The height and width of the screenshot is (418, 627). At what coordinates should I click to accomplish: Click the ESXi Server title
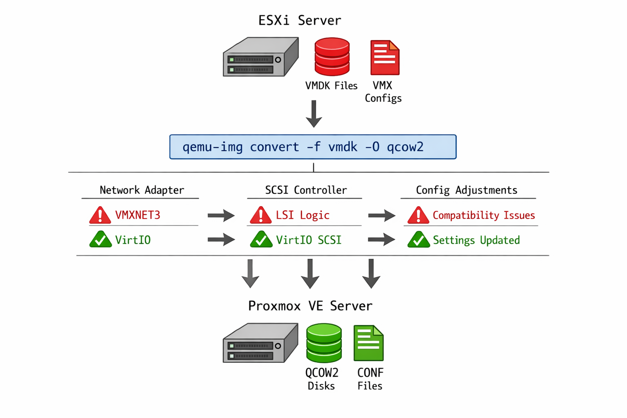coord(300,20)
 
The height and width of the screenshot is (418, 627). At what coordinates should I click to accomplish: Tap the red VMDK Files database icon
coord(332,57)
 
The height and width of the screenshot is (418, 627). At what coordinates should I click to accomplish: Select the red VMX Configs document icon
coord(385,58)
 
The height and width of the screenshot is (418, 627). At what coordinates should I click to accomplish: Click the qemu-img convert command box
coord(313,147)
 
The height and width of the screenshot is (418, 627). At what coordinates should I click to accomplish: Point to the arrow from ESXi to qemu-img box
coord(313,114)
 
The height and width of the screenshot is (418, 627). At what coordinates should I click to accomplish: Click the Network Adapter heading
coord(142,190)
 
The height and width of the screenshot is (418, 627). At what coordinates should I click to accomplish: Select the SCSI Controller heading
coord(306,190)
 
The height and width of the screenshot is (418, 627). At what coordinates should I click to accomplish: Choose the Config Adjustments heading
coord(466,190)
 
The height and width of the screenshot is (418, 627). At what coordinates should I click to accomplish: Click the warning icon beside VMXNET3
coord(100,216)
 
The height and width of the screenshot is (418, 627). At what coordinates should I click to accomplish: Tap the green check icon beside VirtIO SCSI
coord(261,240)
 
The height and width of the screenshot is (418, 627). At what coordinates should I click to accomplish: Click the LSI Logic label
coord(302,215)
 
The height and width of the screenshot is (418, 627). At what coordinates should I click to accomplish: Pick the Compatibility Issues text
coord(484,215)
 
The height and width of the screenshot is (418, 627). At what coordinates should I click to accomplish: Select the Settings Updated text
coord(476,240)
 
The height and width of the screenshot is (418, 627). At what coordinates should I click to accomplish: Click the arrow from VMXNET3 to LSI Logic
coord(221,215)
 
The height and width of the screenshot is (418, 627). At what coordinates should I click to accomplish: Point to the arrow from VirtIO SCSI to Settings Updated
coord(381,240)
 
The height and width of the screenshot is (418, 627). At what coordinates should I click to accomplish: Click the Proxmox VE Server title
coord(310,306)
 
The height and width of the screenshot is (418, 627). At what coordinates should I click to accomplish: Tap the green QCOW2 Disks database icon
coord(324,343)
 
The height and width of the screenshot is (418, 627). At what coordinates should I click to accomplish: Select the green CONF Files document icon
coord(369,343)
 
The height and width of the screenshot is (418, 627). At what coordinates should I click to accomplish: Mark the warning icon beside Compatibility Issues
coord(418,216)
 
